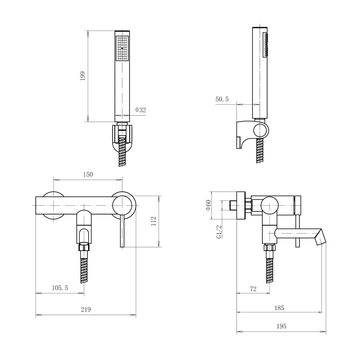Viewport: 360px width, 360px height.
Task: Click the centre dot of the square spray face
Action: [122, 49]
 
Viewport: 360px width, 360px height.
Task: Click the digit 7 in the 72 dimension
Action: [251, 289]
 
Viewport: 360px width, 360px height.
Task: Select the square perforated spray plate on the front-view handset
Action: [122, 49]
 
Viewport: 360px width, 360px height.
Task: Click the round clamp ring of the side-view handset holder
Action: [261, 130]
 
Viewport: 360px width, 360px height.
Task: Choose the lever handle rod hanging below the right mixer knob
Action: [122, 231]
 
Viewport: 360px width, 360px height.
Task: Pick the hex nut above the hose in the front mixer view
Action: [84, 247]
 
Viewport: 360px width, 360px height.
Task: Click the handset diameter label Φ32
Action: [140, 110]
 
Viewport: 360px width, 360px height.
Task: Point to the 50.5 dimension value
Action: [222, 99]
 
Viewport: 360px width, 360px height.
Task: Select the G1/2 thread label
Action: [219, 231]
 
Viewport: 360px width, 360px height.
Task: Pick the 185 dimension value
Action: [279, 308]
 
